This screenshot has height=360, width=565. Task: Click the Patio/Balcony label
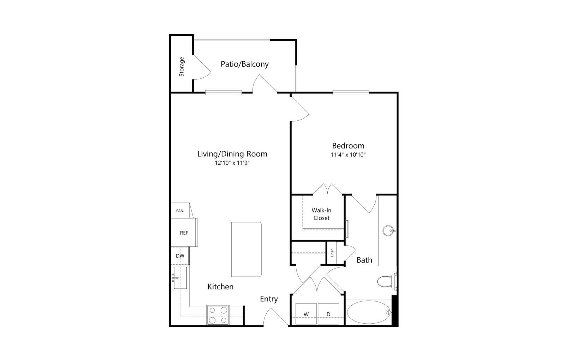pyautogui.click(x=244, y=64)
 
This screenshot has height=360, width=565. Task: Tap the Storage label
pyautogui.click(x=182, y=67)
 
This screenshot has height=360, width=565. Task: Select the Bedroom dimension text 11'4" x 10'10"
pyautogui.click(x=348, y=155)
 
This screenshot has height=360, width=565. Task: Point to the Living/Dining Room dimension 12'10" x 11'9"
pyautogui.click(x=232, y=163)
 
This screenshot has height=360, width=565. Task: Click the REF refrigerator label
pyautogui.click(x=184, y=233)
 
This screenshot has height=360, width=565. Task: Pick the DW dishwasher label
pyautogui.click(x=180, y=256)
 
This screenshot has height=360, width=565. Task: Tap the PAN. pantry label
pyautogui.click(x=180, y=211)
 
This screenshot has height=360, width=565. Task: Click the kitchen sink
pyautogui.click(x=180, y=278)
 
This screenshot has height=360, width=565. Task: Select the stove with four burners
pyautogui.click(x=218, y=315)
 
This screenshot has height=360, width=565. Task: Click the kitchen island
pyautogui.click(x=246, y=249)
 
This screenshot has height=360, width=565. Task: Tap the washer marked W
pyautogui.click(x=306, y=314)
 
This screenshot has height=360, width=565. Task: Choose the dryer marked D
pyautogui.click(x=328, y=314)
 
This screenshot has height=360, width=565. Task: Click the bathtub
pyautogui.click(x=369, y=312)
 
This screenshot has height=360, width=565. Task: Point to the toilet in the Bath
pyautogui.click(x=387, y=281)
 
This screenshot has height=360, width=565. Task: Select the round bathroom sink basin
pyautogui.click(x=388, y=230)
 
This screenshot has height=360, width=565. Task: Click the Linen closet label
pyautogui.click(x=332, y=253)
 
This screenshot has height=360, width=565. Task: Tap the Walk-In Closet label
pyautogui.click(x=321, y=214)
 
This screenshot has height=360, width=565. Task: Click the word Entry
pyautogui.click(x=269, y=299)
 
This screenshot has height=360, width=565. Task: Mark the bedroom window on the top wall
pyautogui.click(x=351, y=93)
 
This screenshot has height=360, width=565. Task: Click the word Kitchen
pyautogui.click(x=220, y=287)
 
